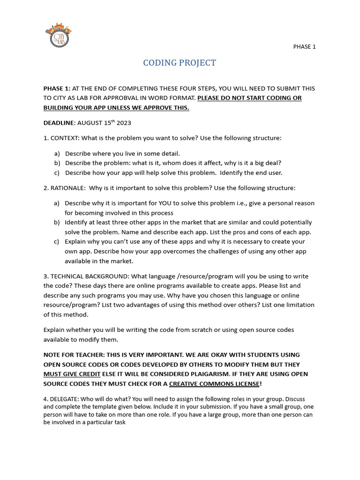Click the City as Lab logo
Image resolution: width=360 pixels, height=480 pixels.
(59, 35)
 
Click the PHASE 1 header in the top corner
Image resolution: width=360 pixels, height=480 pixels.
(304, 46)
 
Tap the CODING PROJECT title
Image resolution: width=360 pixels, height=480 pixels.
(180, 63)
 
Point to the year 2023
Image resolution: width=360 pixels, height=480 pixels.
(124, 123)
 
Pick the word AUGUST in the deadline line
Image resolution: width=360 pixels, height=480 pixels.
(90, 123)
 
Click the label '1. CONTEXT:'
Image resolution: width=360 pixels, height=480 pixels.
(62, 138)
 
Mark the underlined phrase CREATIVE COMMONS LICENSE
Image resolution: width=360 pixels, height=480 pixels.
(214, 384)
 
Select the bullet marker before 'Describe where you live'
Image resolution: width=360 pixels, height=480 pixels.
(57, 153)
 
